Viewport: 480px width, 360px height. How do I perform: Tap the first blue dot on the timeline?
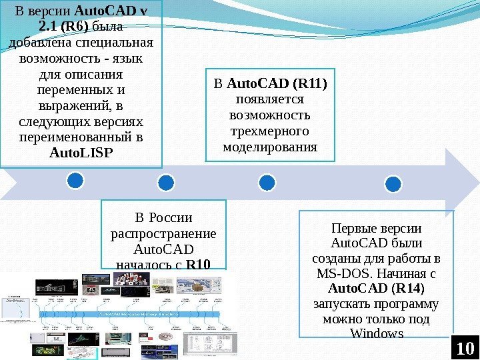[x=75, y=180]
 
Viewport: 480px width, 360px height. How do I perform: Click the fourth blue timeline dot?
[x=393, y=183]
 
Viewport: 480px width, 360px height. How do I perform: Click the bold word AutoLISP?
[x=81, y=153]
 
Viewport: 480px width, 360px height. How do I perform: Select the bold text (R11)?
[x=311, y=85]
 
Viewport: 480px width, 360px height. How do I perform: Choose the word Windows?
[x=377, y=333]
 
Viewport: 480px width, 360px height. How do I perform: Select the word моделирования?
[x=270, y=146]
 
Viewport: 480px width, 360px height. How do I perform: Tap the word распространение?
[x=163, y=234]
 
